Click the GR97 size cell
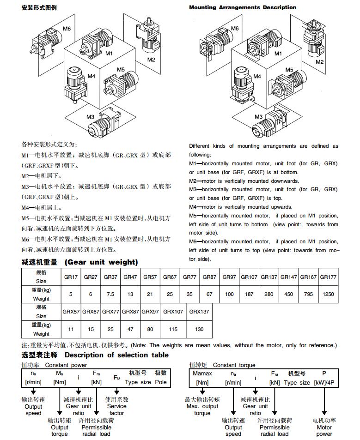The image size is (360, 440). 229,277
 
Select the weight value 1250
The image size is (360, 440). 328,294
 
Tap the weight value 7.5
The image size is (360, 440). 110,294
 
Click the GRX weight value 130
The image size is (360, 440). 199,329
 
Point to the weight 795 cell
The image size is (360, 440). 308,294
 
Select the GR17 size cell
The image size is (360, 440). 71,277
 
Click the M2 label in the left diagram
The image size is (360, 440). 151,60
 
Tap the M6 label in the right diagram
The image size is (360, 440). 235,29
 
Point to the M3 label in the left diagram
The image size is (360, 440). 91,117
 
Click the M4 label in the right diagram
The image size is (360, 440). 257,76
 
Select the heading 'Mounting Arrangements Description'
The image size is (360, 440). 243,7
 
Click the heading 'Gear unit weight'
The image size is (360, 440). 101,262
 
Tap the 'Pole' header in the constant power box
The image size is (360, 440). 160,382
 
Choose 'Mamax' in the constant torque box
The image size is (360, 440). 202,373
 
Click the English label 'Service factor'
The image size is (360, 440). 116,410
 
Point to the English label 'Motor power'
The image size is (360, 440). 324,430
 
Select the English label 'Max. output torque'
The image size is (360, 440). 202,410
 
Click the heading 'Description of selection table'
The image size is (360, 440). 116,355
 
